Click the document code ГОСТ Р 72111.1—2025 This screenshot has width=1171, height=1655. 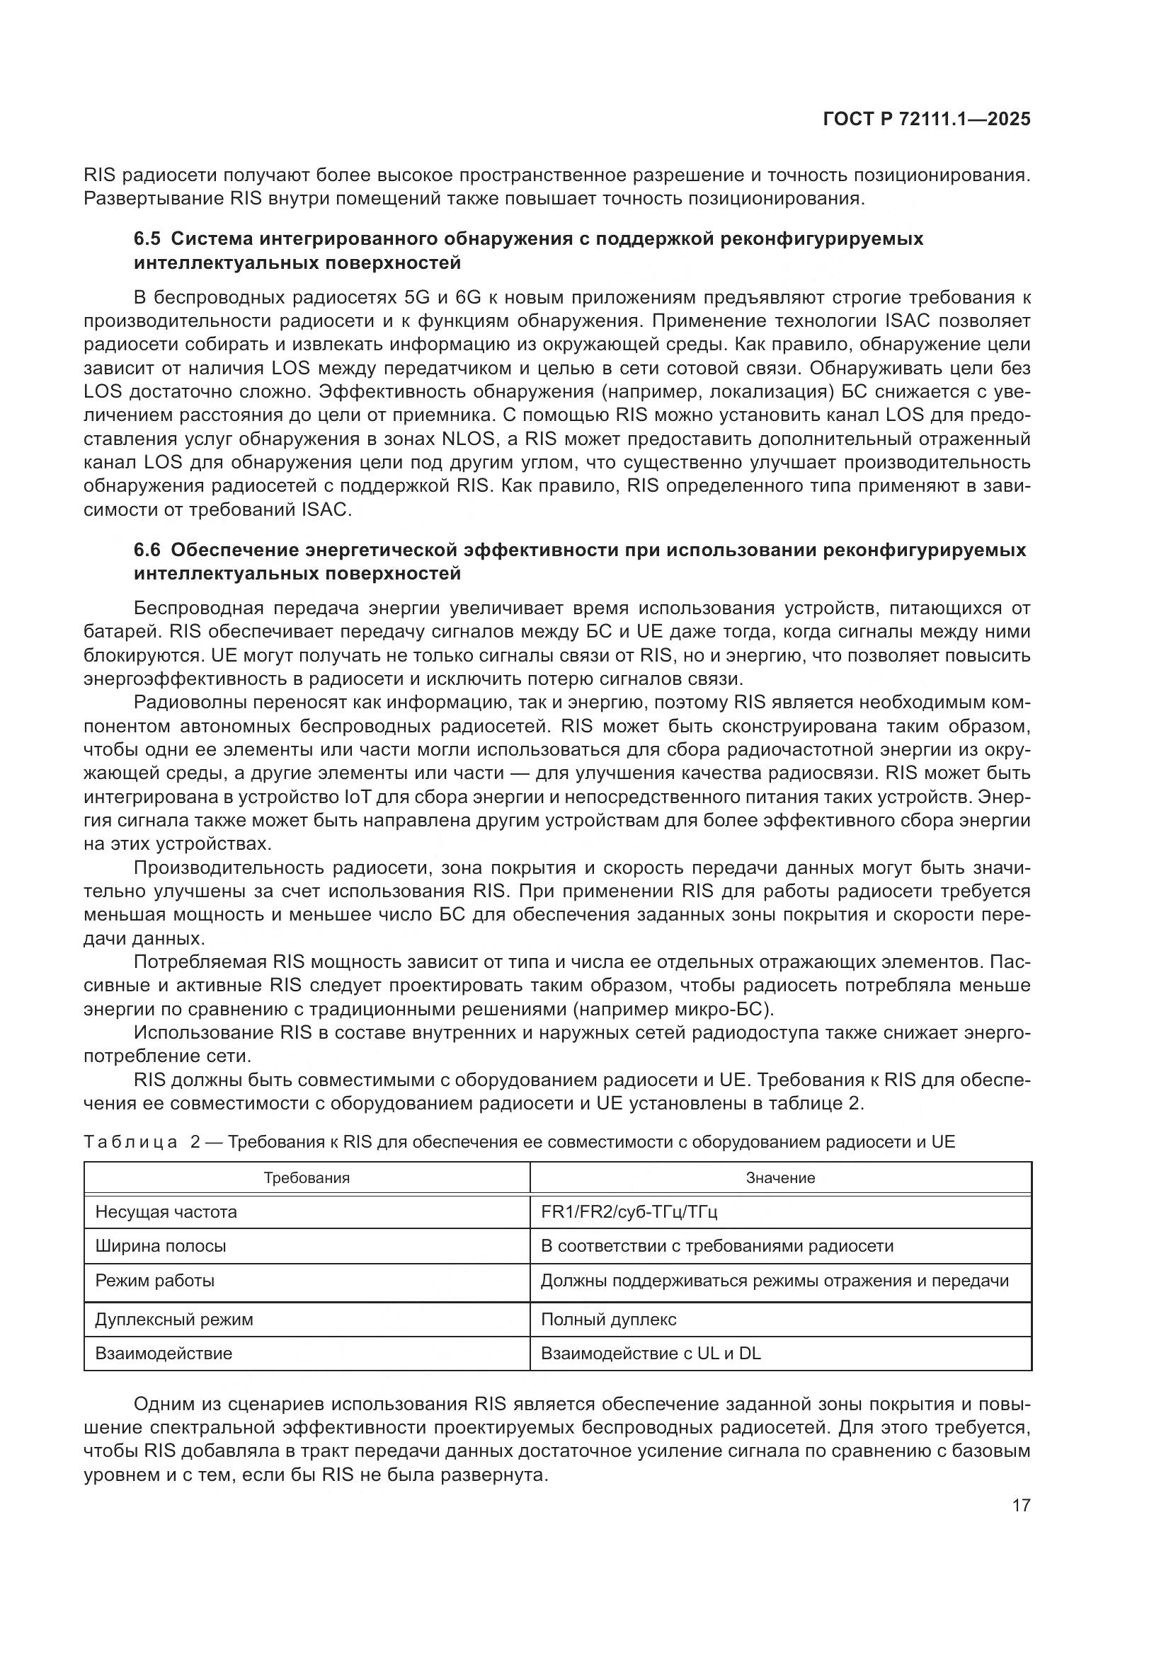927,120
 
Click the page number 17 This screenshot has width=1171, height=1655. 1021,1505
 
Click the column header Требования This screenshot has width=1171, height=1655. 307,1178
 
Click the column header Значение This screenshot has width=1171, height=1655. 780,1178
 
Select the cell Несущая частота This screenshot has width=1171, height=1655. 166,1211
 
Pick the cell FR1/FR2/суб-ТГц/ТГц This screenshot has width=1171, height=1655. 629,1211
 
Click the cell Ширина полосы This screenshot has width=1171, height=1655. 160,1245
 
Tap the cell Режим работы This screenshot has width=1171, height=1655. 154,1281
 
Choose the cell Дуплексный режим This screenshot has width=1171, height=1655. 173,1320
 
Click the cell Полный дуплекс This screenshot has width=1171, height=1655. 609,1320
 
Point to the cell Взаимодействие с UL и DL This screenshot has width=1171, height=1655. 651,1353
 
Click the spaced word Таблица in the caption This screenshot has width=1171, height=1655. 130,1142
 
